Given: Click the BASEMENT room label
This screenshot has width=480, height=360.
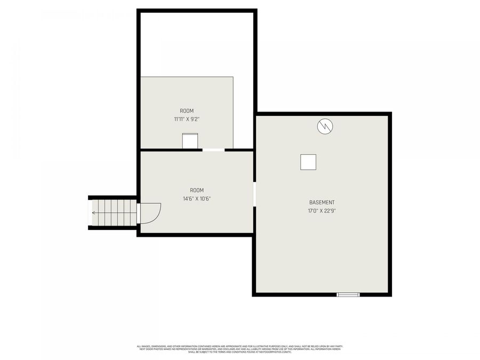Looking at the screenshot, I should (322, 203).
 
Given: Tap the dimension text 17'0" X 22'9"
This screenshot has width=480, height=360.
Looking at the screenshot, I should (322, 211).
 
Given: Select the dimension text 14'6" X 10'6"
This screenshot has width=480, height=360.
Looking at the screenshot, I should (197, 198).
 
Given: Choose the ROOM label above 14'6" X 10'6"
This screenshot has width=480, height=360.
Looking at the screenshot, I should (197, 190).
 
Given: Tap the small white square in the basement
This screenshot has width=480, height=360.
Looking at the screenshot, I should (308, 162).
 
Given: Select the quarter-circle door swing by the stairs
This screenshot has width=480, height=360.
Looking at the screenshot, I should (149, 213).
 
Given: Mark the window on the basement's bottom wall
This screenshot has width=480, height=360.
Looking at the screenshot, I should (348, 294).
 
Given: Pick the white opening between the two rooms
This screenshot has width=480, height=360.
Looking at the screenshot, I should (213, 150).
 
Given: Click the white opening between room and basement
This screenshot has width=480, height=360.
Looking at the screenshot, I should (254, 194).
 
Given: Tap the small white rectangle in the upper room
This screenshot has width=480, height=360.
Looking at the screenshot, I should (190, 141).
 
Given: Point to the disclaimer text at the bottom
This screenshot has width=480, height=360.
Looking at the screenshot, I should (239, 349).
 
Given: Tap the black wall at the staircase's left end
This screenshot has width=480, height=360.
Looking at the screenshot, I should (90, 213).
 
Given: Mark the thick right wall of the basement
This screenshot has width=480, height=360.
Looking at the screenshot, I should (390, 203).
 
